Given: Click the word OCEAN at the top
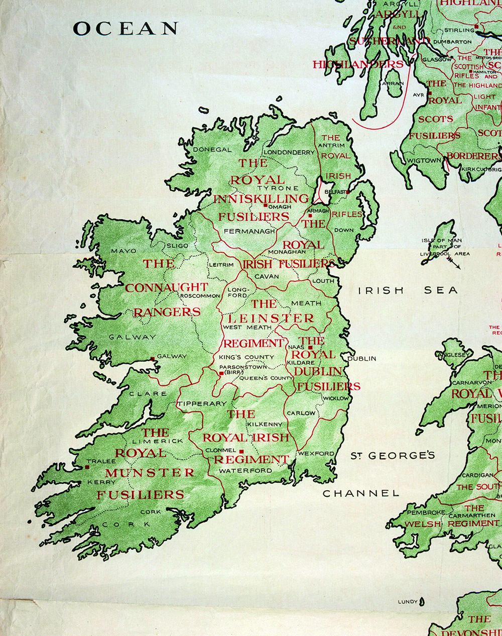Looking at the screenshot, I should point(125,29).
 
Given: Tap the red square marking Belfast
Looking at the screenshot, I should point(346,192).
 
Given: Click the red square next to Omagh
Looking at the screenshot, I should point(266,205).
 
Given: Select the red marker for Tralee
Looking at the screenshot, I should point(87,467).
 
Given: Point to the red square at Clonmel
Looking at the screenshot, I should point(241,451).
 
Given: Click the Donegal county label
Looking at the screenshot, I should point(212,149).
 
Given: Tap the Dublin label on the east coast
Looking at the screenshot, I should point(362,359).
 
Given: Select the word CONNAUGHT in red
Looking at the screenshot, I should point(166,288).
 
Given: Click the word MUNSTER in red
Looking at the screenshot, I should point(150,473).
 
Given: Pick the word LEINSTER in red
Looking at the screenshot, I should point(271,319).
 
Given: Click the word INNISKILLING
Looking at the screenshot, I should point(261,198).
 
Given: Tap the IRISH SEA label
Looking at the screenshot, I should point(408,290).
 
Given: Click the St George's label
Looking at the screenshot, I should point(392,456).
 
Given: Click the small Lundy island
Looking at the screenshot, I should point(422,601).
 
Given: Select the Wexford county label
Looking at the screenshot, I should point(316,453).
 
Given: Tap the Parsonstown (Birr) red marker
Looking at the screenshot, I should point(221,373).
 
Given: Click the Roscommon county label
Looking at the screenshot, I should point(200,296).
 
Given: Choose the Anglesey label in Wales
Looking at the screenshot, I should point(454,354).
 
